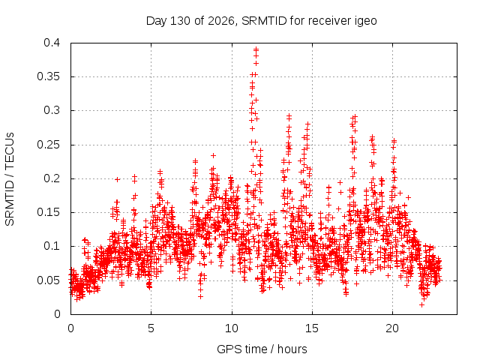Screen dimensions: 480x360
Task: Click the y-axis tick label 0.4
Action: click(52, 43)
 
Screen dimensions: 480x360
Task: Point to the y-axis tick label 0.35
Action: click(48, 76)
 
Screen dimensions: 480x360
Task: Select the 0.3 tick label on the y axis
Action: click(52, 110)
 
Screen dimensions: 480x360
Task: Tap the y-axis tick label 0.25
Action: click(48, 145)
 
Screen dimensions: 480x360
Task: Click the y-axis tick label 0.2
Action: click(52, 178)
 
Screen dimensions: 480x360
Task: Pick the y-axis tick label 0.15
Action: click(48, 212)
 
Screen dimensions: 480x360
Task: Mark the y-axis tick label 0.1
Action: click(52, 246)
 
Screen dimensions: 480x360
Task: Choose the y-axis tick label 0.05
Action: click(48, 280)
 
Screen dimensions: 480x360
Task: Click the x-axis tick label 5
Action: click(151, 328)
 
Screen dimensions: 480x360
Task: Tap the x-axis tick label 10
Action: click(232, 328)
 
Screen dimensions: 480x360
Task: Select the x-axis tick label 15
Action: click(312, 328)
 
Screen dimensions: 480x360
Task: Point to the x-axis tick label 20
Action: click(392, 328)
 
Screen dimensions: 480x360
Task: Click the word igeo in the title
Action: click(366, 21)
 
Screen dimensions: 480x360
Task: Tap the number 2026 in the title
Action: click(222, 21)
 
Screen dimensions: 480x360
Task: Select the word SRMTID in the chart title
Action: click(264, 21)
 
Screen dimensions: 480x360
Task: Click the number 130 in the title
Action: click(180, 21)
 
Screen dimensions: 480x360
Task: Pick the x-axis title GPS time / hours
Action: click(262, 349)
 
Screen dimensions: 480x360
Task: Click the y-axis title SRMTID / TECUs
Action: click(10, 179)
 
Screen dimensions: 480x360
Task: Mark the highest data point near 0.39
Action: click(256, 49)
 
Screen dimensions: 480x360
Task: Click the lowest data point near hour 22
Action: click(421, 305)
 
